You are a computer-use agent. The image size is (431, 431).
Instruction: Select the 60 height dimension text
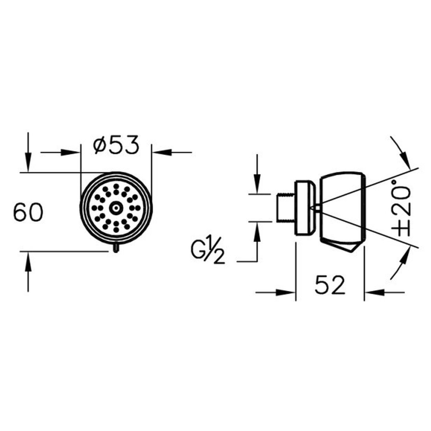28,212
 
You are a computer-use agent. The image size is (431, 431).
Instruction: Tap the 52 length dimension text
330,285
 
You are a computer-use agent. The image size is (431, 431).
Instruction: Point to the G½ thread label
208,254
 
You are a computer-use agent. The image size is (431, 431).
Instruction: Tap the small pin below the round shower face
116,248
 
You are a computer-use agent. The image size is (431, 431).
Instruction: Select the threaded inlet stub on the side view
286,208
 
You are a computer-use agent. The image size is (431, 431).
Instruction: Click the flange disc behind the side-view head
305,208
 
